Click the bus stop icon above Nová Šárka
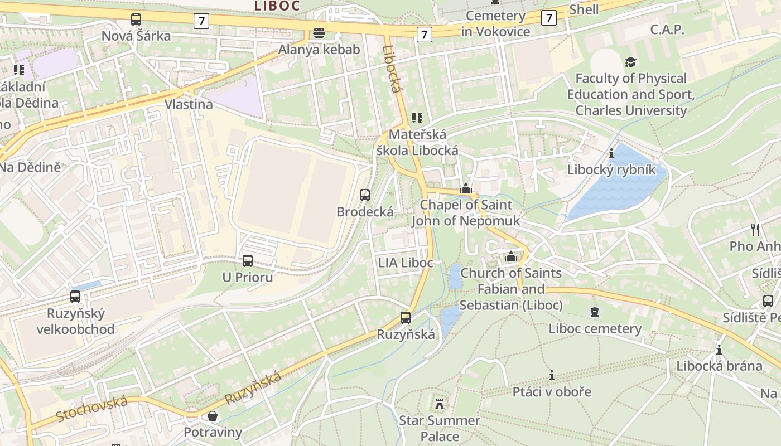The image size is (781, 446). (x=136, y=20)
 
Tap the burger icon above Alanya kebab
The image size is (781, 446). (x=319, y=33)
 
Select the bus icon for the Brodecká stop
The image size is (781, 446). (x=365, y=195)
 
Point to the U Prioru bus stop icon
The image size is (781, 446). (x=247, y=260)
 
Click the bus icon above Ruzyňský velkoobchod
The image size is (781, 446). (x=75, y=297)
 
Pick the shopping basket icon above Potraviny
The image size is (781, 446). (x=213, y=416)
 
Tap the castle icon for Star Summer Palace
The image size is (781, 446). (x=440, y=403)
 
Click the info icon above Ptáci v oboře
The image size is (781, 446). (x=552, y=375)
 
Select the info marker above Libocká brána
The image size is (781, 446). (x=719, y=350)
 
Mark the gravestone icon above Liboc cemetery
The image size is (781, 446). (x=595, y=312)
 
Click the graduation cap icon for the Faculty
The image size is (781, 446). (x=630, y=62)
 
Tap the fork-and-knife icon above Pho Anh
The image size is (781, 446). (x=755, y=229)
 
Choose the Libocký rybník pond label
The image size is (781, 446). (x=611, y=170)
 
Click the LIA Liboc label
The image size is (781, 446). (x=406, y=263)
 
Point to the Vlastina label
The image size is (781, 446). (x=189, y=104)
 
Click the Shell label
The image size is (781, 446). (x=584, y=9)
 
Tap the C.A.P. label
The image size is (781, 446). (x=667, y=30)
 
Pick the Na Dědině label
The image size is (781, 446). (x=30, y=167)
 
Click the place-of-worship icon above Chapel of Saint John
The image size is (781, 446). (x=466, y=188)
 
